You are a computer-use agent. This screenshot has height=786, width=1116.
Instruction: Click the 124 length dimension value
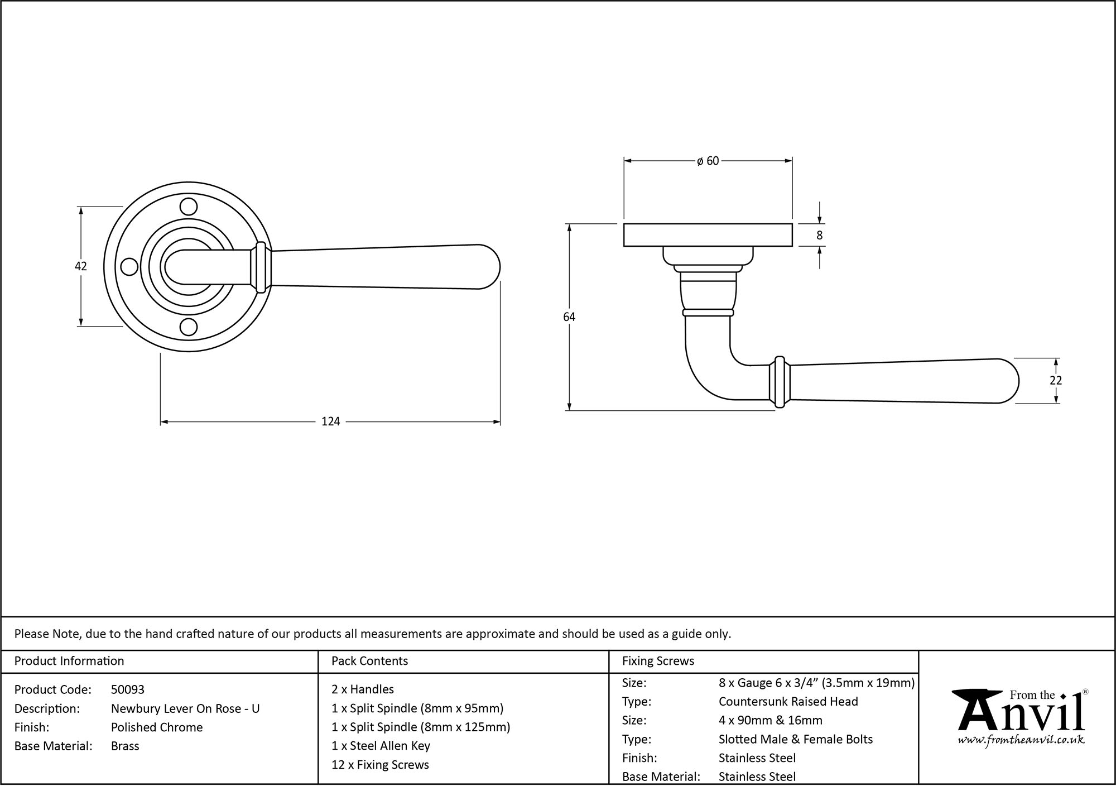[330, 421]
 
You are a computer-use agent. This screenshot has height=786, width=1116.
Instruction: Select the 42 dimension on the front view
[81, 266]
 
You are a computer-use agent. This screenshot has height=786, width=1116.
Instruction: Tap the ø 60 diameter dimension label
[708, 161]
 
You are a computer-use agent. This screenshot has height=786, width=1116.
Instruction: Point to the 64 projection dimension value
[569, 317]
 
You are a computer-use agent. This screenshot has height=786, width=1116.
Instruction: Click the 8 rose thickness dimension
[819, 236]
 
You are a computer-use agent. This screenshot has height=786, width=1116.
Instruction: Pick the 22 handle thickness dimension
[1055, 380]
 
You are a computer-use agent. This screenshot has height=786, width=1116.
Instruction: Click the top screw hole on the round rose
[189, 207]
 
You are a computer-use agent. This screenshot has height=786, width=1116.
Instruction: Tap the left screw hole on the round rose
[129, 267]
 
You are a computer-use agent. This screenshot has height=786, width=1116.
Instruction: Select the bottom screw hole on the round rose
[189, 327]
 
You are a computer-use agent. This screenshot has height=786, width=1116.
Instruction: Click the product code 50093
[128, 689]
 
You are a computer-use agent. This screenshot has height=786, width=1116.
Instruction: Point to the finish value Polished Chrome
[157, 727]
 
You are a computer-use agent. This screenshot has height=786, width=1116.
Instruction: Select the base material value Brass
[125, 746]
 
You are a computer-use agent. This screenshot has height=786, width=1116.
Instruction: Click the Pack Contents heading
[369, 661]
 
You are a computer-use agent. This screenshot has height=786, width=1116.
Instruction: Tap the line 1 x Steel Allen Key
[381, 746]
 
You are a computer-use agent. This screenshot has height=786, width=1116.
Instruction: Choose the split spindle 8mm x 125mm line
[421, 727]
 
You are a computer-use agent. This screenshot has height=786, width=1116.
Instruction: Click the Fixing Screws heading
[658, 661]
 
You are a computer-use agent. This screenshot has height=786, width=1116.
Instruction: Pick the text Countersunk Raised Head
[788, 702]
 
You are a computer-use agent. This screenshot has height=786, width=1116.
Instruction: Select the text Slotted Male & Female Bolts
[795, 739]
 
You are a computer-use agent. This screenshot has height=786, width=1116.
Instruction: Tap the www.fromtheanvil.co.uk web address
[1021, 740]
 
